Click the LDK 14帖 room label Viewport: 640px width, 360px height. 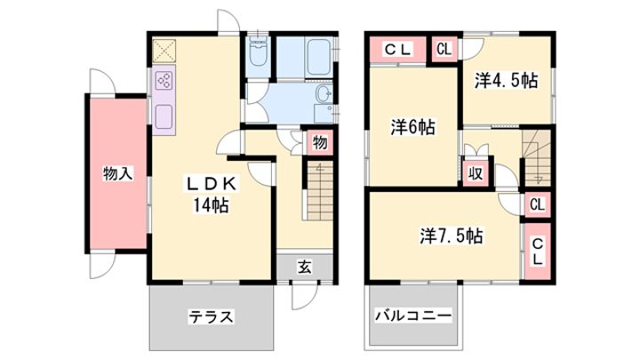pyautogui.click(x=211, y=195)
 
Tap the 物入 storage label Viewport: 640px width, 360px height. pyautogui.click(x=117, y=173)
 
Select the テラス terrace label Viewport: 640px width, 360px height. pyautogui.click(x=211, y=316)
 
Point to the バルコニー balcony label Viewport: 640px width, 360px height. pyautogui.click(x=413, y=315)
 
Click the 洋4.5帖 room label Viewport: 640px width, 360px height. pyautogui.click(x=506, y=80)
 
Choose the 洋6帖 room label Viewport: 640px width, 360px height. pyautogui.click(x=413, y=128)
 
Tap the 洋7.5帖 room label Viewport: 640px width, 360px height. pyautogui.click(x=452, y=236)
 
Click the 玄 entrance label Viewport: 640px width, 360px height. pyautogui.click(x=305, y=267)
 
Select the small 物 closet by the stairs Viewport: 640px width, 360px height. pyautogui.click(x=320, y=142)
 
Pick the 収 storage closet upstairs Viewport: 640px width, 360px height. pyautogui.click(x=476, y=173)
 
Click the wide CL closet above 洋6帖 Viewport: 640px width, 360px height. pyautogui.click(x=397, y=50)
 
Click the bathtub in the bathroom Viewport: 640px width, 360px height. pyautogui.click(x=318, y=57)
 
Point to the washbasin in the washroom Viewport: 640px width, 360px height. pyautogui.click(x=324, y=94)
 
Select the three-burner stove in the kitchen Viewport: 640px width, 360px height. pyautogui.click(x=164, y=80)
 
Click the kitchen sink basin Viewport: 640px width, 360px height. pyautogui.click(x=164, y=116)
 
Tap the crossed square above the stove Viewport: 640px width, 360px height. pyautogui.click(x=164, y=51)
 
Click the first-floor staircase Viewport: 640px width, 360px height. pyautogui.click(x=320, y=191)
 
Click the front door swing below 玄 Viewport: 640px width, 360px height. pyautogui.click(x=305, y=296)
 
